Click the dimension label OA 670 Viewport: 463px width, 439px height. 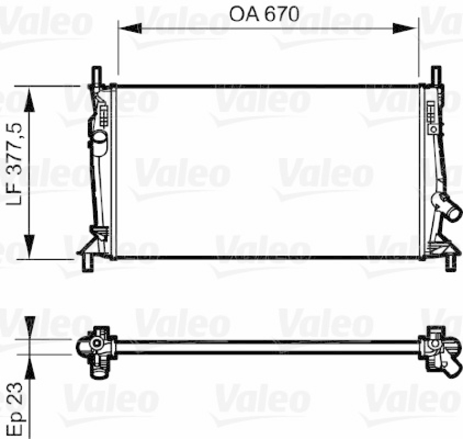click(x=264, y=14)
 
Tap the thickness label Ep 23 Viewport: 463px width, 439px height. click(x=13, y=409)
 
